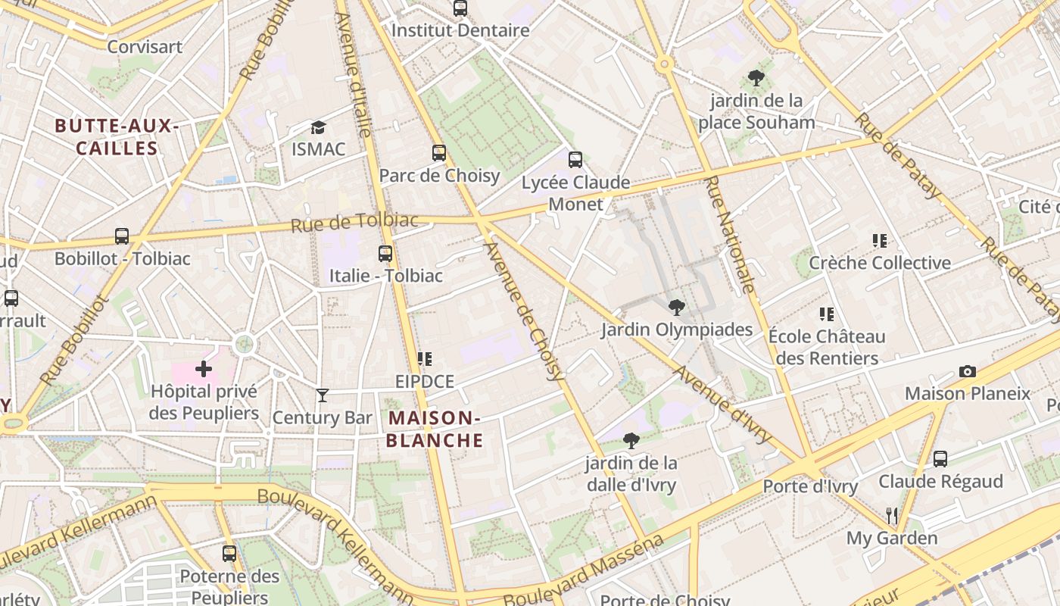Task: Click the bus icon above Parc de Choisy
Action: click(x=439, y=153)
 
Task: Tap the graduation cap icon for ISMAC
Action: click(x=318, y=127)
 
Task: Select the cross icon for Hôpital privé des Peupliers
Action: click(x=204, y=370)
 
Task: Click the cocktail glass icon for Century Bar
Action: click(x=323, y=395)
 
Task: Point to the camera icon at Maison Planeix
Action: click(x=967, y=371)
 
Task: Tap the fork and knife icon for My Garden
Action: click(x=892, y=516)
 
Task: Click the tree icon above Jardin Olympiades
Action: click(x=676, y=307)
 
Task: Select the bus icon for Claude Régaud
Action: click(x=940, y=458)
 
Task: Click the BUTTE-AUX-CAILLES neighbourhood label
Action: click(x=117, y=137)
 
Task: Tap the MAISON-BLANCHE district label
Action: click(x=435, y=429)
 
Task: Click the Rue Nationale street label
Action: click(x=730, y=235)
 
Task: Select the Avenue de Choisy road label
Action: click(x=525, y=311)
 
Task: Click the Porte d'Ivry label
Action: click(x=810, y=486)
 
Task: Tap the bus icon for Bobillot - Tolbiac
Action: click(x=122, y=236)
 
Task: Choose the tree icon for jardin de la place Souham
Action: click(x=756, y=77)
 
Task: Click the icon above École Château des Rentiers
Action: click(x=826, y=314)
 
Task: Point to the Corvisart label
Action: click(x=145, y=47)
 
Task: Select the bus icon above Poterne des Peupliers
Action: click(x=229, y=553)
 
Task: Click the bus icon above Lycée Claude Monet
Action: click(x=575, y=159)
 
